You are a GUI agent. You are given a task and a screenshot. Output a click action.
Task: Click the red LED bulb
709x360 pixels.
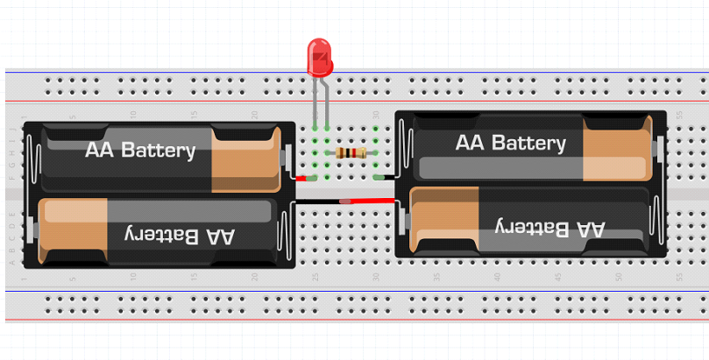pyautogui.click(x=320, y=55)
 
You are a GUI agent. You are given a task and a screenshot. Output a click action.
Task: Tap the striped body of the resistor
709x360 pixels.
pyautogui.click(x=351, y=154)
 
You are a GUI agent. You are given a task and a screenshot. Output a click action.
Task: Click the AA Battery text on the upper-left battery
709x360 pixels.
pyautogui.click(x=140, y=150)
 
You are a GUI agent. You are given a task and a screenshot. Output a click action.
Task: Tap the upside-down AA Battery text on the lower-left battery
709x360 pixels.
pyautogui.click(x=175, y=235)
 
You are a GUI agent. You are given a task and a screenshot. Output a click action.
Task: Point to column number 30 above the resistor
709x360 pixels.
pyautogui.click(x=376, y=115)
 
